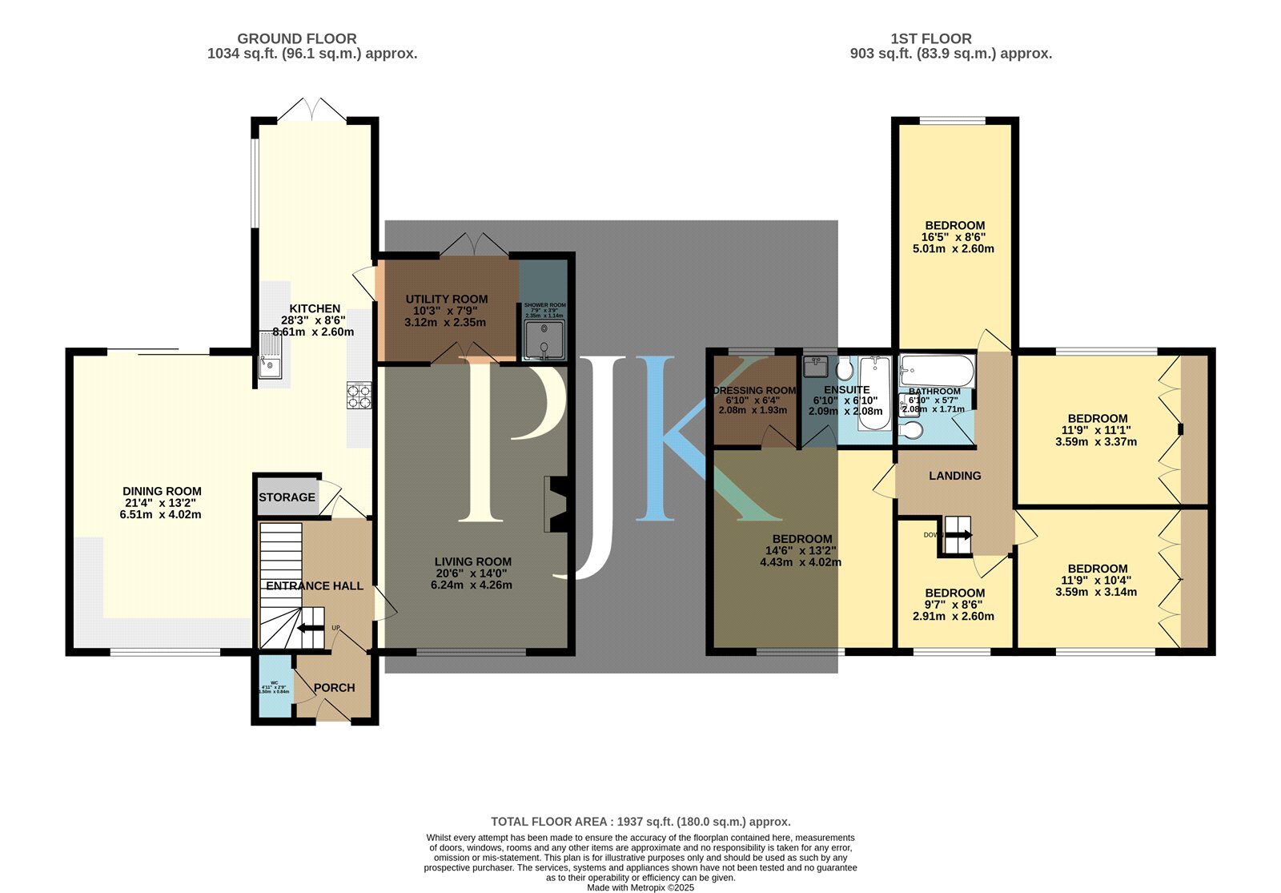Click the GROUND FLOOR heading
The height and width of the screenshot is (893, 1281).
(297, 38)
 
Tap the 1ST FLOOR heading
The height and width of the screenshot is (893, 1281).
(931, 38)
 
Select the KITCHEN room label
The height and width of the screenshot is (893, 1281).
(315, 308)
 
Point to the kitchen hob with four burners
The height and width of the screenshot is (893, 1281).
(359, 395)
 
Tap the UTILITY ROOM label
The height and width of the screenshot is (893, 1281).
(446, 299)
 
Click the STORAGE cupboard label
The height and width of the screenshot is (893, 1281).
(287, 497)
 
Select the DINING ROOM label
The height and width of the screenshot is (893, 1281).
(162, 491)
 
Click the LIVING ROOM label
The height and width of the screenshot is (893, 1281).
(472, 561)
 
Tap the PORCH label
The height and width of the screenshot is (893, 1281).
(334, 687)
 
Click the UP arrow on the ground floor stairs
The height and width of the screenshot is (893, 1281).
(311, 629)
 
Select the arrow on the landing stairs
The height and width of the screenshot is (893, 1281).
(959, 534)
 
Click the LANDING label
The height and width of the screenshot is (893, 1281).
(954, 476)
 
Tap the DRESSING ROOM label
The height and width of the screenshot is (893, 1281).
(755, 391)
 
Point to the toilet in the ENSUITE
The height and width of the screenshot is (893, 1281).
(844, 370)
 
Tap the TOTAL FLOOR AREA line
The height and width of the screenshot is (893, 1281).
(640, 821)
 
